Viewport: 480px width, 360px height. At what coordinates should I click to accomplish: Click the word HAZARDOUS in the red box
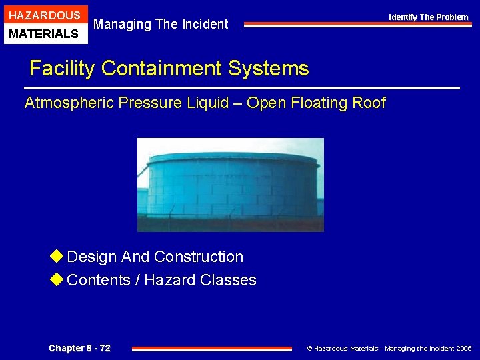tap(45, 15)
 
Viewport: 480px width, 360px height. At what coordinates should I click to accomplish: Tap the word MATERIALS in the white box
tap(45, 33)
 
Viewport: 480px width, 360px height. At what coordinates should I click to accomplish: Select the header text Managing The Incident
tap(161, 25)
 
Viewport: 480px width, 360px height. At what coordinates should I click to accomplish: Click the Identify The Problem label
tap(429, 17)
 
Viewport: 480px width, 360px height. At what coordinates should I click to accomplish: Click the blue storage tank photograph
tap(230, 185)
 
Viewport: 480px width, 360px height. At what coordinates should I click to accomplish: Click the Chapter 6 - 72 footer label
tap(79, 348)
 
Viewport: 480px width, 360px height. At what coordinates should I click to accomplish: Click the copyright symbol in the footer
tap(309, 349)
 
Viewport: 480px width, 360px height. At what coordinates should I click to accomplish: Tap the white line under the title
tap(241, 88)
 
